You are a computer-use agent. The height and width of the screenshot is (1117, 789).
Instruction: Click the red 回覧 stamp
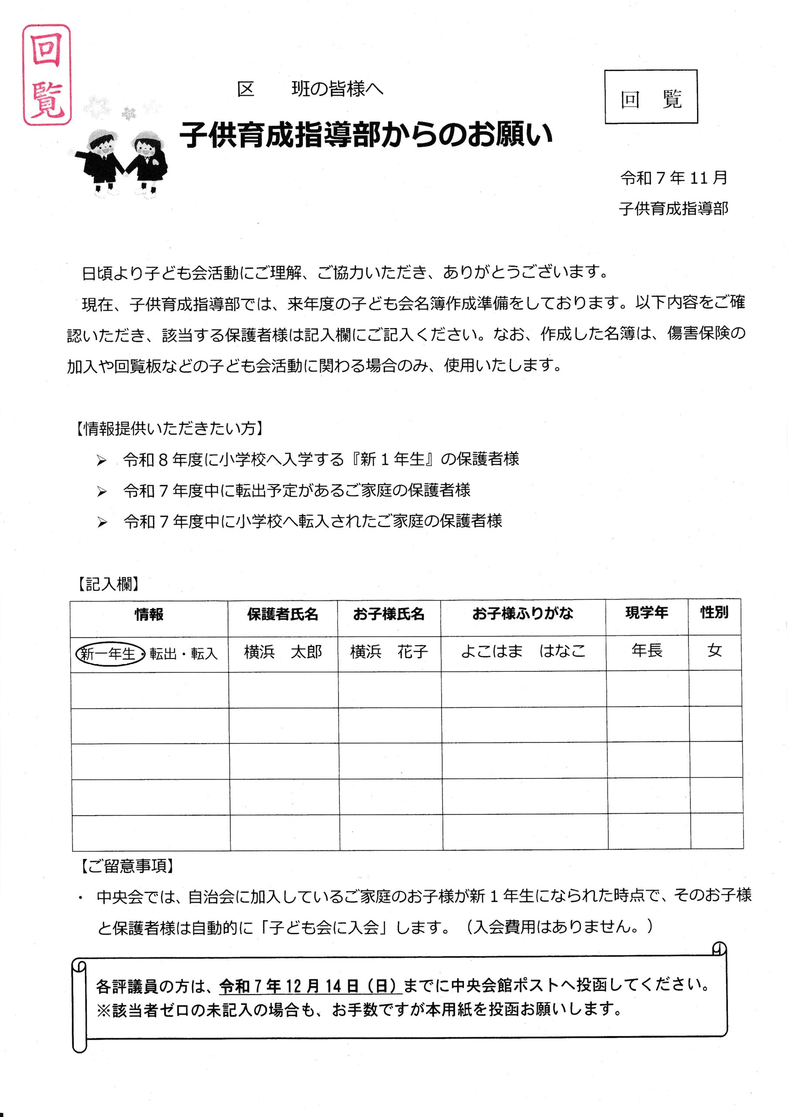click(x=47, y=75)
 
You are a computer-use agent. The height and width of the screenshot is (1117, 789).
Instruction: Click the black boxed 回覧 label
click(x=651, y=97)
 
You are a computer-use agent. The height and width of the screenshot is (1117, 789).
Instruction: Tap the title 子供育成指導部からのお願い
click(x=366, y=135)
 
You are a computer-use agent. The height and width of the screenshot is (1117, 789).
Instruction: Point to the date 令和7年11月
click(x=673, y=178)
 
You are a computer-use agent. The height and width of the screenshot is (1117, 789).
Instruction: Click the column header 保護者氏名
click(x=282, y=615)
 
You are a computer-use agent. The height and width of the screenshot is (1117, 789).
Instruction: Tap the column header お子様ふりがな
click(x=523, y=613)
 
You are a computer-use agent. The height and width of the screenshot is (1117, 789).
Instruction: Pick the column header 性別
click(x=714, y=613)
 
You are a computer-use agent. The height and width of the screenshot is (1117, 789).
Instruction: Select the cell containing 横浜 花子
click(x=389, y=652)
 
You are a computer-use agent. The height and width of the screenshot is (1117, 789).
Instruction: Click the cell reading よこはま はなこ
click(x=523, y=651)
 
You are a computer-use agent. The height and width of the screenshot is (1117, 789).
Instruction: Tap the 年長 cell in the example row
click(x=646, y=651)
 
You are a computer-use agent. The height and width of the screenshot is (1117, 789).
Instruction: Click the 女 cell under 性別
click(x=714, y=651)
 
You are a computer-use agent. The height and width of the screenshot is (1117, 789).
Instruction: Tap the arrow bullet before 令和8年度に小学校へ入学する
click(x=102, y=461)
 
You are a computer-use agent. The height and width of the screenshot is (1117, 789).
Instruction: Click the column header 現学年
click(x=646, y=613)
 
